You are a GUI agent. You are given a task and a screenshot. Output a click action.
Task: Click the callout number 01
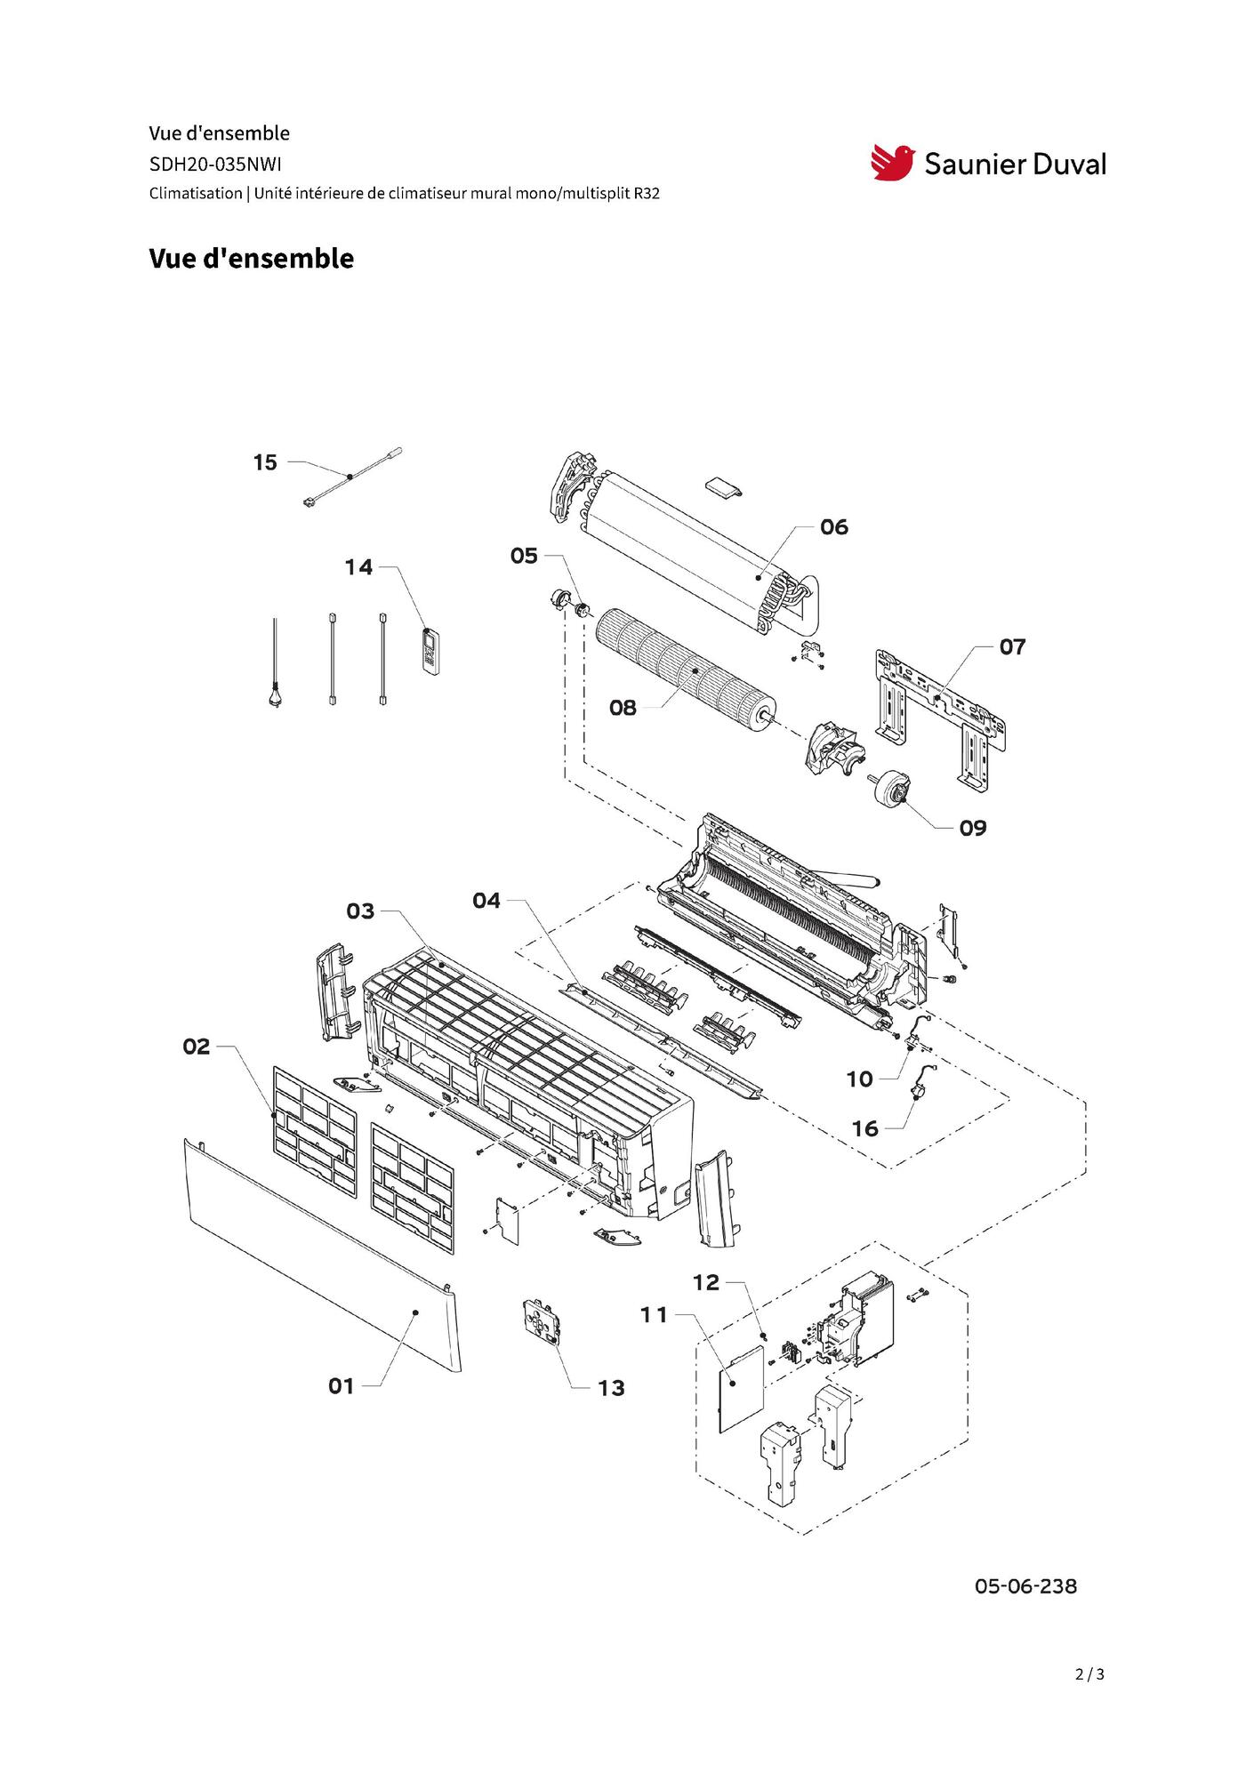coord(341,1385)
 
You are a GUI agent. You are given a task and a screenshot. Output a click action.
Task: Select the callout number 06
coord(833,527)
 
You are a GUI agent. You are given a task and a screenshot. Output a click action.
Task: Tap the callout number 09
coord(972,828)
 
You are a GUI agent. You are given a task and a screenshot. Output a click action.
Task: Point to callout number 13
coord(611,1388)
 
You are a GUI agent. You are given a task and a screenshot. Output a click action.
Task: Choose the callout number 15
coord(265,462)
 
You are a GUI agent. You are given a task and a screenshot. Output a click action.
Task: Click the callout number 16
coord(864,1128)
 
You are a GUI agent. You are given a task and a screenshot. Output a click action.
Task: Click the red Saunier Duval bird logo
coord(892,163)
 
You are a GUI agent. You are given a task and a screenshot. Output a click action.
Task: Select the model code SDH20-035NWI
coord(215,164)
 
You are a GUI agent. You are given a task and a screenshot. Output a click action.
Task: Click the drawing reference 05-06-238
coord(1025,1586)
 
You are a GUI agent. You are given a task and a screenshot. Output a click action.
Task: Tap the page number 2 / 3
coord(1089,1674)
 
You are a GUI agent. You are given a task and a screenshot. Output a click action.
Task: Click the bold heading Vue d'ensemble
coord(251,259)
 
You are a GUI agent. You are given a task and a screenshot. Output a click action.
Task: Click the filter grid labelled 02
coord(314,1129)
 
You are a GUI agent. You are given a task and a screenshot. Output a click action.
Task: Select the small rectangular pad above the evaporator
coord(723,486)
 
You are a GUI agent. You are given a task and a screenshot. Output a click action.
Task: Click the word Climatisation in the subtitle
coord(196,193)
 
